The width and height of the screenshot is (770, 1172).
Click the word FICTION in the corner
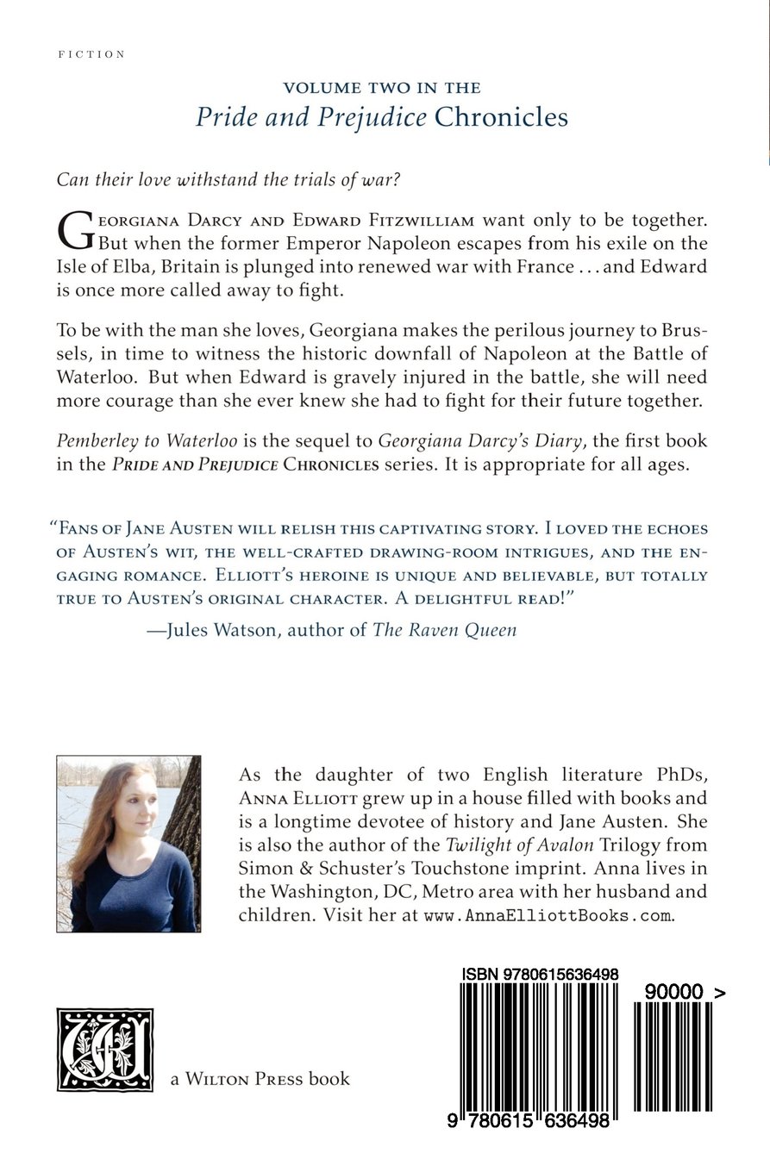click(x=91, y=54)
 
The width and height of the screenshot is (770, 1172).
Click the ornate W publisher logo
click(x=104, y=1050)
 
